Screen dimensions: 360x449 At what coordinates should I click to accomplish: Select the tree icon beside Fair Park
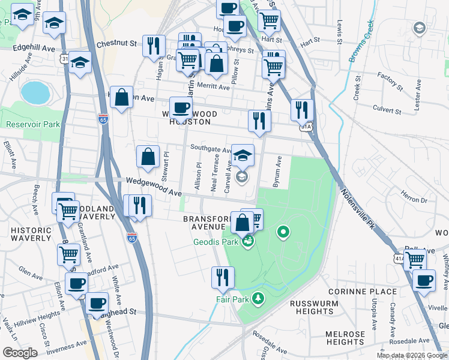[258, 298]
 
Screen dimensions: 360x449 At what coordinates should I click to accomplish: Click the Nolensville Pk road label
[362, 212]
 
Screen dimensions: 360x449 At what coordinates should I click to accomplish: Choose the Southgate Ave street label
[211, 148]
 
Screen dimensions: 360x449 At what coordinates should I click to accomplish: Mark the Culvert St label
[387, 110]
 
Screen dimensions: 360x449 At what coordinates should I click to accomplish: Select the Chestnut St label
[117, 43]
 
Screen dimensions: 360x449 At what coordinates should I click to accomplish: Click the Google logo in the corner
[20, 353]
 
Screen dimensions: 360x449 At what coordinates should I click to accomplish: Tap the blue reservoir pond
[35, 92]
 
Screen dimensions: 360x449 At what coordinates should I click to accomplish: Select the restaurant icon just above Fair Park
[222, 278]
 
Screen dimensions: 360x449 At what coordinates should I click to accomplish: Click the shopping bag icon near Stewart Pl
[148, 157]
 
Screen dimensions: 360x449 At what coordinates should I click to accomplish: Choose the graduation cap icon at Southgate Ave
[243, 156]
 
